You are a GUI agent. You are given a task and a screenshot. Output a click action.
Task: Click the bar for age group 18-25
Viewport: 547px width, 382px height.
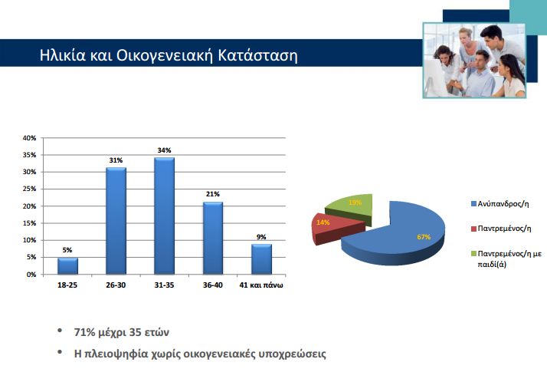point(67,265)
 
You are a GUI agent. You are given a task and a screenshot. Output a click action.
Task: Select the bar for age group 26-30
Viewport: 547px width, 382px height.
point(116,221)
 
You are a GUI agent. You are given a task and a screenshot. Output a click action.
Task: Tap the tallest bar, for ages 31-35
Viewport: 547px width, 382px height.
point(164,216)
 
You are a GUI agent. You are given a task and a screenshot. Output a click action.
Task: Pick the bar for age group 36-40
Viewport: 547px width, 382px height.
point(212,238)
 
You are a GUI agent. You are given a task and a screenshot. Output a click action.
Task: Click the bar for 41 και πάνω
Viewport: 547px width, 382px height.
point(260,259)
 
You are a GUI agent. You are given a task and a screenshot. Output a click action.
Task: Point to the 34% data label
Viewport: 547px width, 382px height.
point(164,150)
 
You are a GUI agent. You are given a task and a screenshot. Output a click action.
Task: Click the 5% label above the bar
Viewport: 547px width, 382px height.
point(67,249)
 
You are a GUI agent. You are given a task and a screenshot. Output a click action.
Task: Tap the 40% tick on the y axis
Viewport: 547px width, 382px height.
point(29,138)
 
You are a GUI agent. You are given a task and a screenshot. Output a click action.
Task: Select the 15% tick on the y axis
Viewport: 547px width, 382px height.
point(29,223)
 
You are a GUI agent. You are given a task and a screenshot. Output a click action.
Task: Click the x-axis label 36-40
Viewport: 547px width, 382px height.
point(212,285)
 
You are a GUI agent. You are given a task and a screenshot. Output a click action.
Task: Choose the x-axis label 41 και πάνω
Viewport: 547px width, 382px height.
point(260,285)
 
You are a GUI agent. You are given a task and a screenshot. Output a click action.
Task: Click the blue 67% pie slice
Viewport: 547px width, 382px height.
point(406,234)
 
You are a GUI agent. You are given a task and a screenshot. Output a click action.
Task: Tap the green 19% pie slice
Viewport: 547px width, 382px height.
point(351,206)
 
